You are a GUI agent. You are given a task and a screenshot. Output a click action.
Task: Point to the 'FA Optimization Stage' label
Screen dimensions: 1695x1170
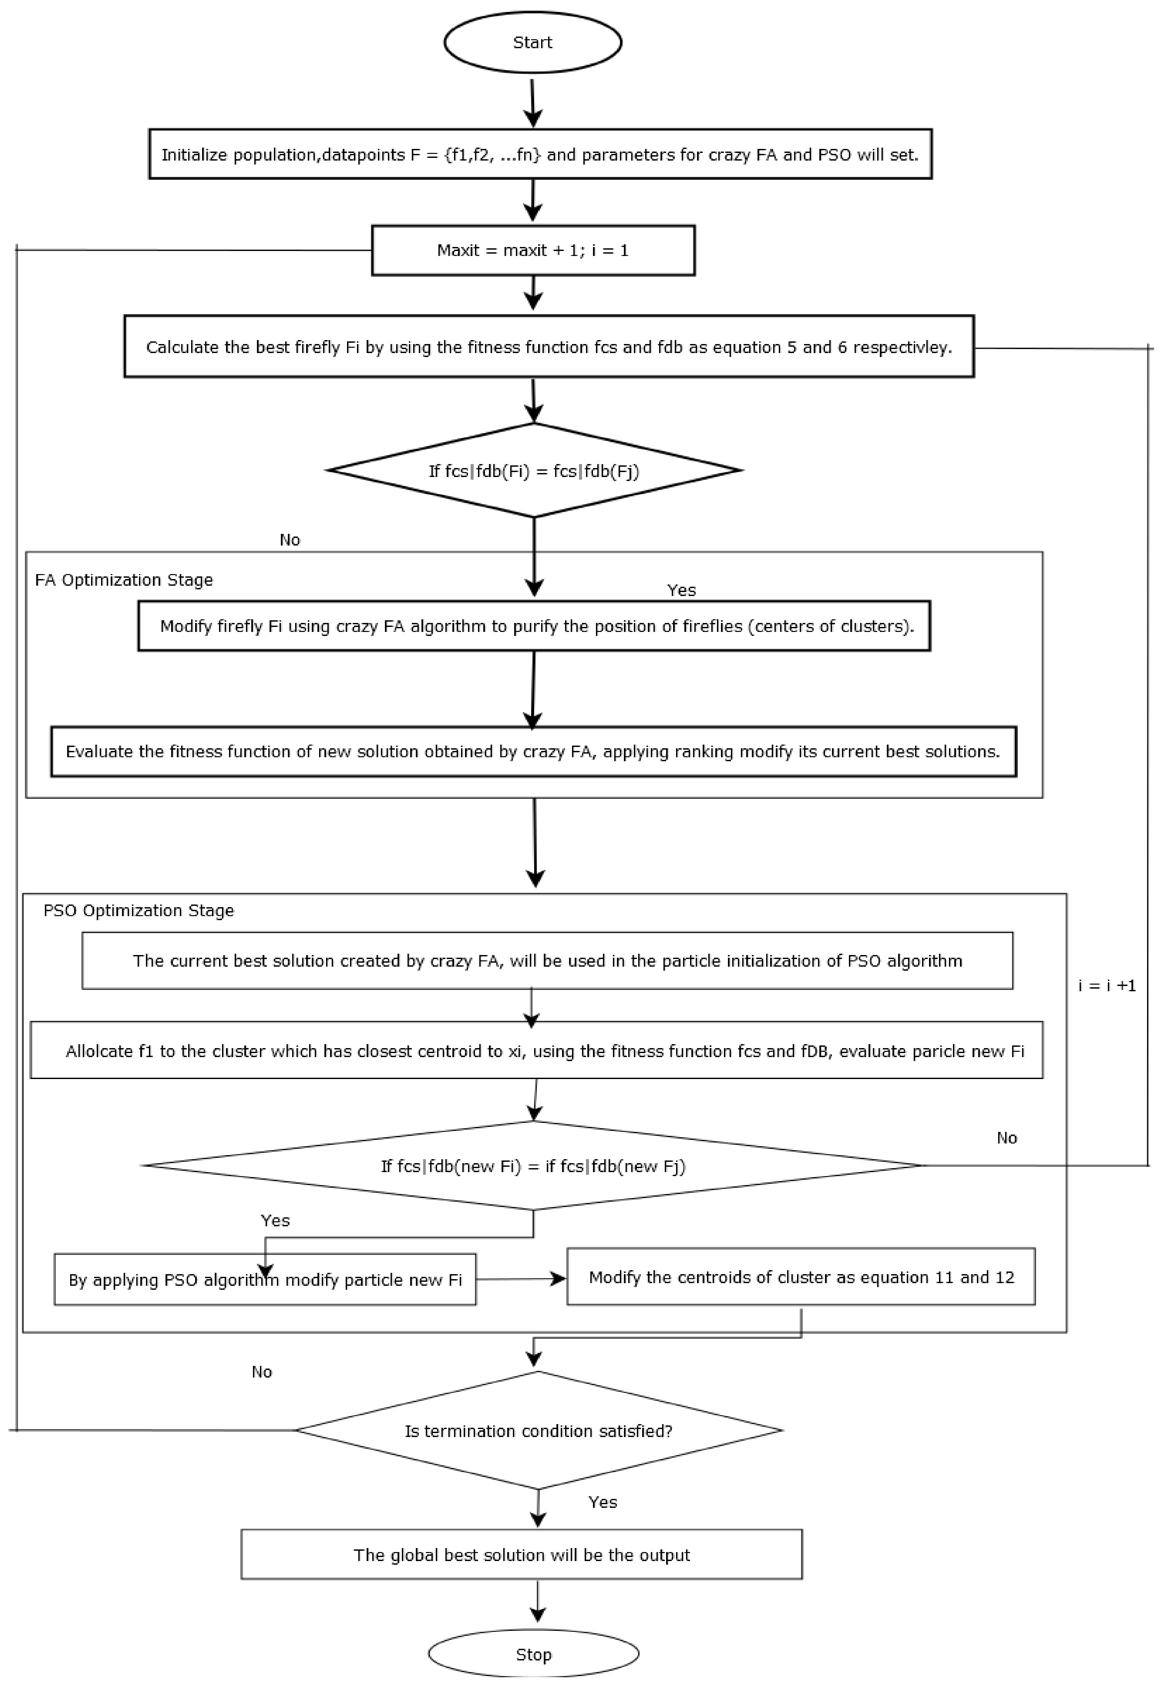click(124, 580)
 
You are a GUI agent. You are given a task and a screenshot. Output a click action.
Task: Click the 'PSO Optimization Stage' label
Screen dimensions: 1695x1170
click(139, 910)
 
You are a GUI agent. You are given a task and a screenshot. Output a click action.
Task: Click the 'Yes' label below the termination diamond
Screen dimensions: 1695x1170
click(603, 1502)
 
